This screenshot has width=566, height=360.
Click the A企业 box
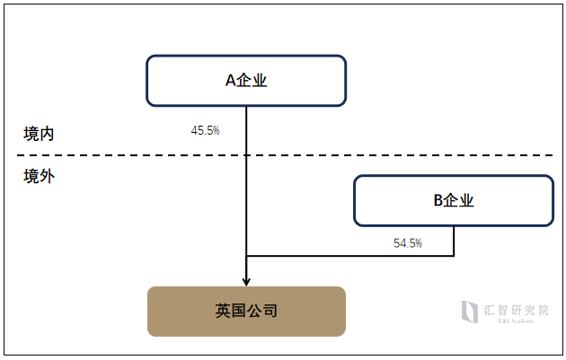coord(246,81)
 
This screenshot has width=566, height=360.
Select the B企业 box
coord(454,200)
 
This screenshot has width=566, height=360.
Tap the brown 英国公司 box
coord(246,312)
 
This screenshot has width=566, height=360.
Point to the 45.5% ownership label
coord(205,130)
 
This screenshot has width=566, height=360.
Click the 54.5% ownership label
coord(408,243)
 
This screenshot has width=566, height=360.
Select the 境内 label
coord(39,134)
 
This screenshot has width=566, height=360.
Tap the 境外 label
coord(39,176)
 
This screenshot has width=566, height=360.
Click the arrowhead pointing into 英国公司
coord(246,281)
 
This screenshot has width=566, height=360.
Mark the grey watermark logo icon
coord(470,312)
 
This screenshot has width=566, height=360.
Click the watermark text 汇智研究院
coord(517,310)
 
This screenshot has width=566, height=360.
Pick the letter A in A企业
coord(231,81)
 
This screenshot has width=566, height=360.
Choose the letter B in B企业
coord(438,200)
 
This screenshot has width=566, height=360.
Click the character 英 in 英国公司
coord(223,311)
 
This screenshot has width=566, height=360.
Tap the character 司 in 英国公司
coord(270,311)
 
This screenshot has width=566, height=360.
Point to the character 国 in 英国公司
coord(239,311)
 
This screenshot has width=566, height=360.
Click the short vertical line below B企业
coord(454,241)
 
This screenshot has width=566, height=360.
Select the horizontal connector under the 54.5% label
coord(350,256)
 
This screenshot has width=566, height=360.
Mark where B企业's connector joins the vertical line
coord(246,256)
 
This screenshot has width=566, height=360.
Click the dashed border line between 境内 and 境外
coord(285,155)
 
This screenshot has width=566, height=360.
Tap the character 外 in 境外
coord(47,176)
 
